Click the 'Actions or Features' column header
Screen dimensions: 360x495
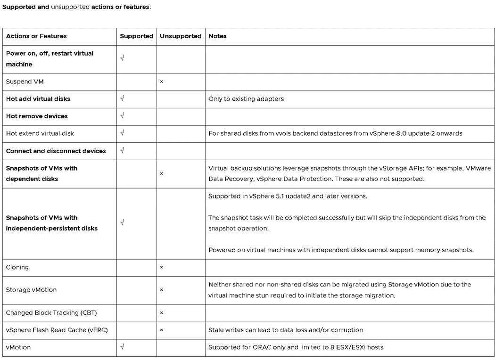point(36,36)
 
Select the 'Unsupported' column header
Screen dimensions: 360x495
point(181,36)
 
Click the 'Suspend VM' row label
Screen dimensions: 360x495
point(25,82)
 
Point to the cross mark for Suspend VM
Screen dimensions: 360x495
point(161,82)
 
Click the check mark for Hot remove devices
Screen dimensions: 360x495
point(122,116)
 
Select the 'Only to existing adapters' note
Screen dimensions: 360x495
point(246,99)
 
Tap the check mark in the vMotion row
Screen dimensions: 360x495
point(122,347)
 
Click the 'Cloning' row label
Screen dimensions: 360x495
point(17,267)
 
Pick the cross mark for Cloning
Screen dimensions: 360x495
point(161,268)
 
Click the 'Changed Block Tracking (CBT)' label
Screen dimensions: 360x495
point(51,312)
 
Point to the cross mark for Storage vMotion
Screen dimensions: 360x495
point(161,290)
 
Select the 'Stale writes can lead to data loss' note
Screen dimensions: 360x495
point(286,330)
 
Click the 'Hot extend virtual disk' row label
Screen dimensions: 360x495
point(40,133)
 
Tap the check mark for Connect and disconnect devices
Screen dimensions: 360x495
point(122,151)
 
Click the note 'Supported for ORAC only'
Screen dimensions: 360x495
point(296,347)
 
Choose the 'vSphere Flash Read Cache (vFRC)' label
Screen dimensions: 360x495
point(57,330)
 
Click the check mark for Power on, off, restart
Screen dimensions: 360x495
point(122,58)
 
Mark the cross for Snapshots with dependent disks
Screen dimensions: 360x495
point(161,174)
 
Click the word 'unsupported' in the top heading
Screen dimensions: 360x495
point(69,8)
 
